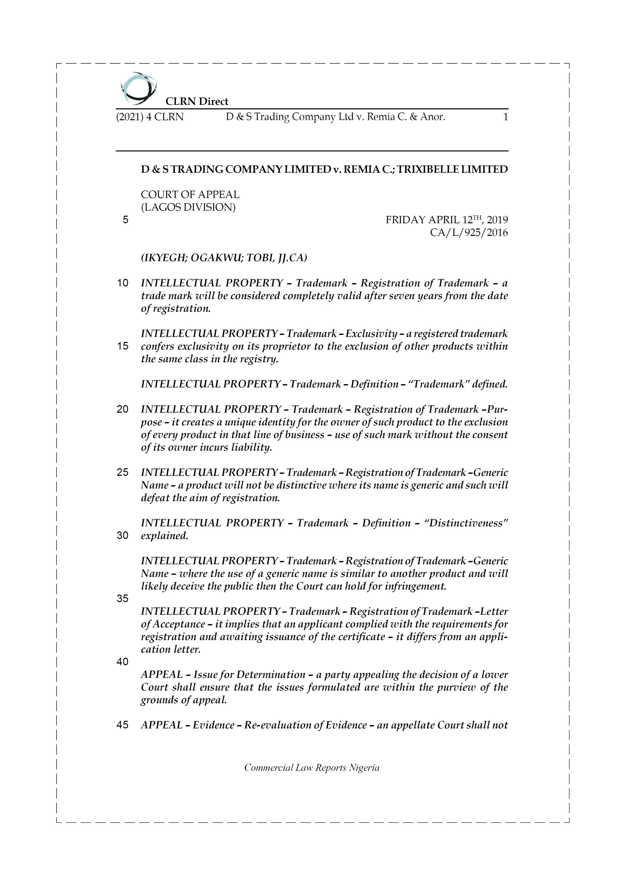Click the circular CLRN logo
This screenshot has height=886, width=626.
coord(138,89)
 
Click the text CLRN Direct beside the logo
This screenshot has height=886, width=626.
coord(197,101)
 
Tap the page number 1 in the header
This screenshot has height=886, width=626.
coord(505,117)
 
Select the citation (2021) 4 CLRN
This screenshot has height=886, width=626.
coord(150,117)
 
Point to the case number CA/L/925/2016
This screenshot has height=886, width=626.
coord(469,233)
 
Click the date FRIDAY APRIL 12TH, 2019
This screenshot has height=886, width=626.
coord(447,220)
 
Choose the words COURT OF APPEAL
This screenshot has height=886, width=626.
coord(190,195)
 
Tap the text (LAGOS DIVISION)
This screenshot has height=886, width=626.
coord(188,207)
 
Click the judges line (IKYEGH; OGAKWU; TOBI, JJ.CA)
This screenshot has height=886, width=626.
coord(224,258)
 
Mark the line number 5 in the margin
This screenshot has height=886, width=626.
coord(125,220)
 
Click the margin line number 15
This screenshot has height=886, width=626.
coord(123,346)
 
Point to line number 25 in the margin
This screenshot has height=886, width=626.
coord(123,472)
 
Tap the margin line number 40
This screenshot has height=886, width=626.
coord(123,662)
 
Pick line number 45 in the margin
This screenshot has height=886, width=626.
coord(123,725)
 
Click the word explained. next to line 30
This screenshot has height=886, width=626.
coord(164,536)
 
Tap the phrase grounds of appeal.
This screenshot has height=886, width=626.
coord(184,700)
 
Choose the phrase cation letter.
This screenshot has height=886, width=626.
coord(171,650)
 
